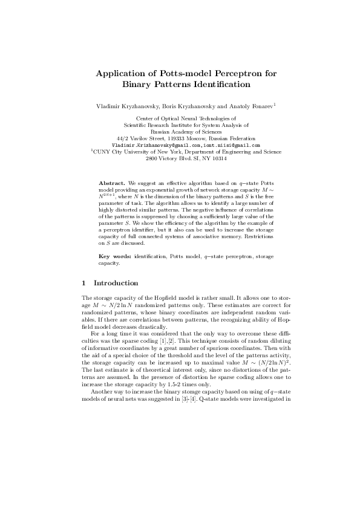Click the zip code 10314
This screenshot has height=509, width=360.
click(217, 159)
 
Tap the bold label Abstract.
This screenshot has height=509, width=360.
click(111, 182)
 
